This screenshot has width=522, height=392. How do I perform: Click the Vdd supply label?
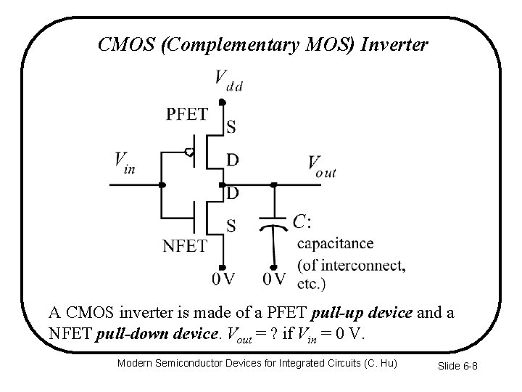228,79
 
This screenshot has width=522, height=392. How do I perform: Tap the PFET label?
187,114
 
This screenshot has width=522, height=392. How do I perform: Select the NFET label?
184,246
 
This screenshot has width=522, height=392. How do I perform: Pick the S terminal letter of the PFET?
231,128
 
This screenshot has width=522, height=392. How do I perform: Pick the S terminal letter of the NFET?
231,226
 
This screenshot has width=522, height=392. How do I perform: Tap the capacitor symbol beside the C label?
273,221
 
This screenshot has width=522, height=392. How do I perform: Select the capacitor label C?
303,221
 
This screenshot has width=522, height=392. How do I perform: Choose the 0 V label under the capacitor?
274,279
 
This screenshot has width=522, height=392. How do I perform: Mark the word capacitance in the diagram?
336,243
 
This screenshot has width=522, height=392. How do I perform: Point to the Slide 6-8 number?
457,366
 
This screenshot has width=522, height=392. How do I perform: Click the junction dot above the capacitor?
273,185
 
